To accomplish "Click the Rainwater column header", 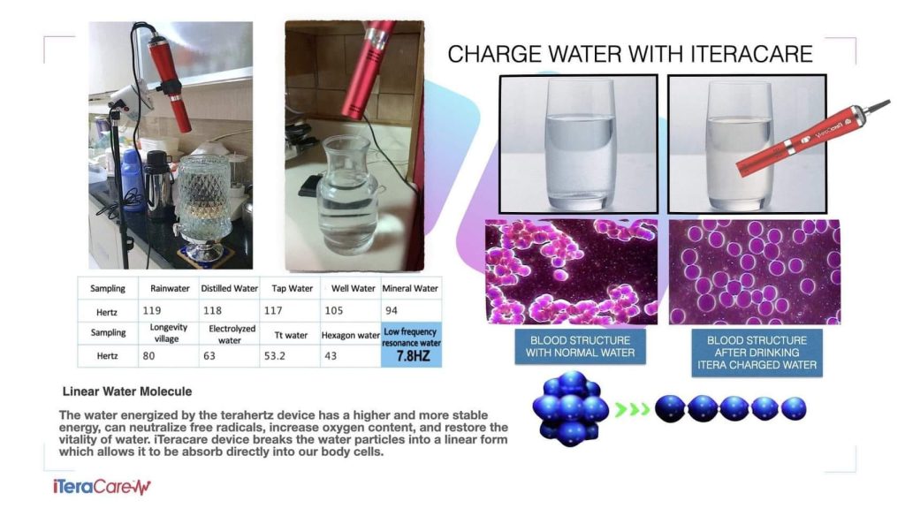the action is pyautogui.click(x=170, y=288).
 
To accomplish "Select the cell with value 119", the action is pyautogui.click(x=152, y=310).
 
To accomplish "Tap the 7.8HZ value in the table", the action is pyautogui.click(x=414, y=356).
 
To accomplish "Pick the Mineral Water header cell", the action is pyautogui.click(x=410, y=288).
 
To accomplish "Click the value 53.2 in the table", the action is pyautogui.click(x=275, y=356).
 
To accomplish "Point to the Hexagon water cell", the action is pyautogui.click(x=350, y=335).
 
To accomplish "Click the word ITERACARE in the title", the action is pyautogui.click(x=751, y=54).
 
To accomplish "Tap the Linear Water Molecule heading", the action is pyautogui.click(x=127, y=391).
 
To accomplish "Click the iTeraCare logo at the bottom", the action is pyautogui.click(x=102, y=487).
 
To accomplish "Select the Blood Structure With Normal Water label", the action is pyautogui.click(x=580, y=346).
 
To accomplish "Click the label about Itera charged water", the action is pyautogui.click(x=757, y=353).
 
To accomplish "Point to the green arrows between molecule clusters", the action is pyautogui.click(x=633, y=410).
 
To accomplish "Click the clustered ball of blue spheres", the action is pyautogui.click(x=570, y=408).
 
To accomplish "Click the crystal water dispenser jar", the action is pyautogui.click(x=205, y=205).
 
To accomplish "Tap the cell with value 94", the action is pyautogui.click(x=392, y=310).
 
